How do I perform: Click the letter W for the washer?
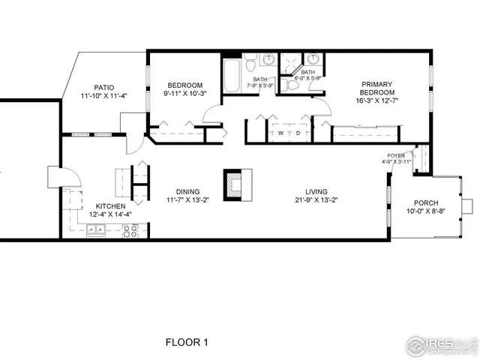(x=280, y=133)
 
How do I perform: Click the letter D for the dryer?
(x=297, y=133)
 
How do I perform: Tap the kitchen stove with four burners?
(x=130, y=231)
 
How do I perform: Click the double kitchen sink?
(x=95, y=231)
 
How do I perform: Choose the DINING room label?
(x=182, y=190)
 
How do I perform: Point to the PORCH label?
(x=426, y=203)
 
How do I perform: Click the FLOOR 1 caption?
(x=186, y=343)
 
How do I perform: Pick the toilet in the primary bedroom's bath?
(x=295, y=85)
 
